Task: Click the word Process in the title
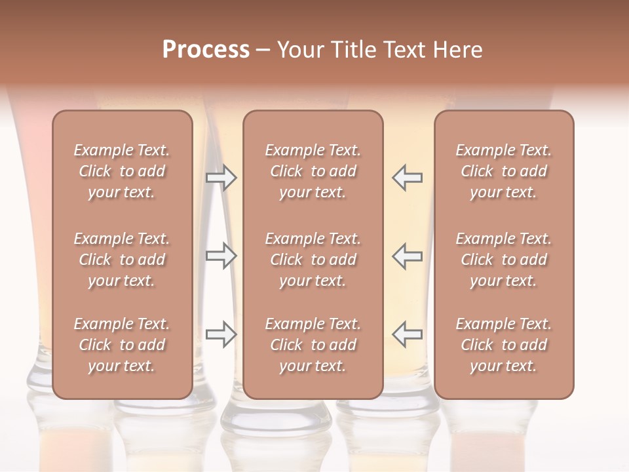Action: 206,50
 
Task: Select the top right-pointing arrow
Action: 221,178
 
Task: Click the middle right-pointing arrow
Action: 221,256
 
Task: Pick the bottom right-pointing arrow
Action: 221,334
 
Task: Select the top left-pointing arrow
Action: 407,178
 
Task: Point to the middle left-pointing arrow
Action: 407,256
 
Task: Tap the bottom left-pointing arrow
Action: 407,334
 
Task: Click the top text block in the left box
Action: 122,171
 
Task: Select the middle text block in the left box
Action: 122,260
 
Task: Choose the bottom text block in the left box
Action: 122,345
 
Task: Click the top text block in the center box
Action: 313,171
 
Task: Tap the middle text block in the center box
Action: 313,260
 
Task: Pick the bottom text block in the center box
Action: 313,345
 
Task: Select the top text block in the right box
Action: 504,171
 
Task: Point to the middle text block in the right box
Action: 504,260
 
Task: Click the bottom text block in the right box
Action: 504,345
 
